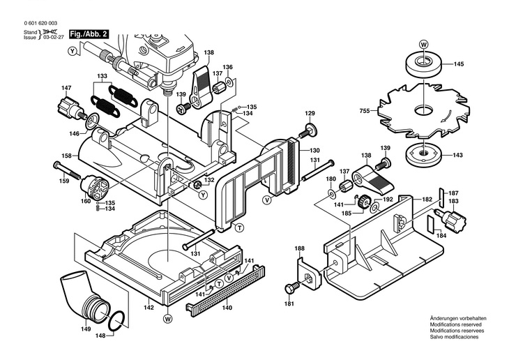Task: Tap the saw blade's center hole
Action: tap(423, 110)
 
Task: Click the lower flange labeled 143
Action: tap(423, 154)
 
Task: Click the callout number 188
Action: tap(299, 248)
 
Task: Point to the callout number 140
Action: tap(227, 307)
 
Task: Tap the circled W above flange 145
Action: tap(423, 43)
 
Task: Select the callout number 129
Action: tap(310, 113)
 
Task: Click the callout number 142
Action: tap(149, 306)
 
